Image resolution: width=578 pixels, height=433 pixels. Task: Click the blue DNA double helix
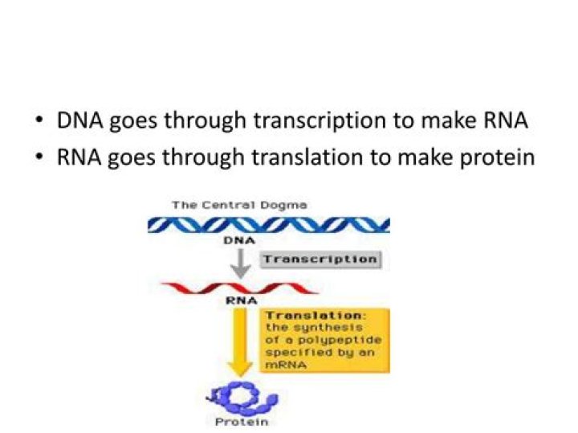pyautogui.click(x=268, y=224)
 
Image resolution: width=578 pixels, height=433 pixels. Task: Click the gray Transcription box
pyautogui.click(x=320, y=259)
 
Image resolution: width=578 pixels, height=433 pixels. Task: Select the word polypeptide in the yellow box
pyautogui.click(x=327, y=340)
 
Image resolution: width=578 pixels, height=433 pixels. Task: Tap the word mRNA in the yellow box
pyautogui.click(x=281, y=363)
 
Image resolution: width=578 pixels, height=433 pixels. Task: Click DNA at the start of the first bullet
pyautogui.click(x=76, y=122)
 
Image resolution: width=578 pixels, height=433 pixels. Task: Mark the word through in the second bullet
pyautogui.click(x=197, y=157)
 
